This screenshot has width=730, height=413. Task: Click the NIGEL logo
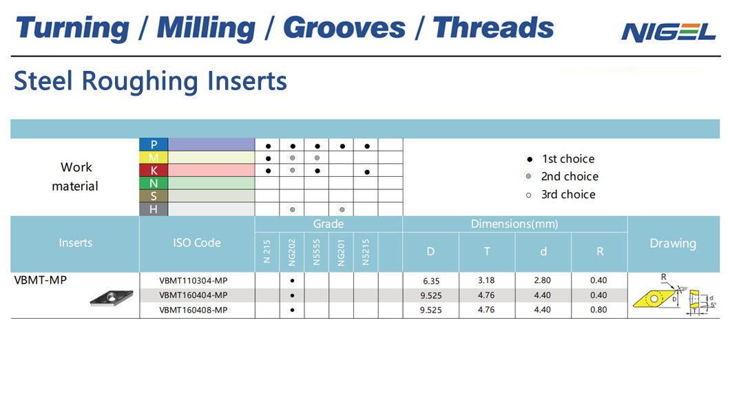(x=669, y=32)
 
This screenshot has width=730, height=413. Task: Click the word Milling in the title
(x=206, y=28)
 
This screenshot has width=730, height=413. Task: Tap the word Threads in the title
(x=493, y=28)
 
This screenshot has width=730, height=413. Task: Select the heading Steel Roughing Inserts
(x=150, y=81)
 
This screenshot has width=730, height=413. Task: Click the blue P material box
(x=154, y=145)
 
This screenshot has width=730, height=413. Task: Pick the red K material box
(x=154, y=170)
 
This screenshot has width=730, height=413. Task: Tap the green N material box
(x=154, y=183)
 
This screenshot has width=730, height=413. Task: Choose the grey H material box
(x=154, y=209)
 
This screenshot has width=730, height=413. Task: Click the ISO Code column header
(x=197, y=243)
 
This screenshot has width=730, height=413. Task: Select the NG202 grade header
(x=292, y=252)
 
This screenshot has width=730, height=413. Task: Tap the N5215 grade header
(x=366, y=252)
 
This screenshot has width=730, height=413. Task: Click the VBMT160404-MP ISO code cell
(x=194, y=295)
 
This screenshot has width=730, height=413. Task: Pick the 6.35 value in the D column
(x=431, y=281)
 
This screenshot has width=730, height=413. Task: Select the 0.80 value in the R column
(x=598, y=310)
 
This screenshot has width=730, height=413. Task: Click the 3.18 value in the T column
(x=486, y=280)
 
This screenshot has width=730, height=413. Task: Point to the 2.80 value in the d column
(x=543, y=280)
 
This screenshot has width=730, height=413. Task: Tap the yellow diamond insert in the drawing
(x=654, y=299)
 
